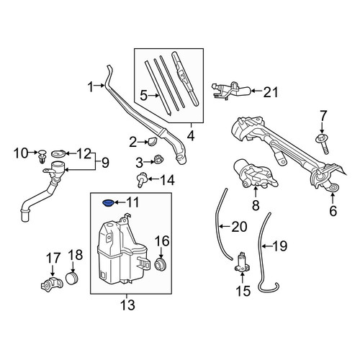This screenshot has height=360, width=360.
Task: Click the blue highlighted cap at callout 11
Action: (x=108, y=203)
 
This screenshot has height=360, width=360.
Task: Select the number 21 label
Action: (x=270, y=92)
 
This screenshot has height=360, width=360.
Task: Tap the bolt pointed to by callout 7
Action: (x=322, y=145)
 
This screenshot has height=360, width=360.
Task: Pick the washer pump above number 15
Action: (x=242, y=263)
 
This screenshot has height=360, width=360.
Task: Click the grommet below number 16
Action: (x=160, y=265)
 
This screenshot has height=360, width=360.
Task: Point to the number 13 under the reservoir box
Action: (x=127, y=305)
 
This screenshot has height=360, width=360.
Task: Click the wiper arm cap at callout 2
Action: (x=153, y=141)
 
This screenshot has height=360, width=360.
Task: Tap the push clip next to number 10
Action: (x=42, y=156)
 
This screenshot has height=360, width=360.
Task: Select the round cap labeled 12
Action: (x=58, y=153)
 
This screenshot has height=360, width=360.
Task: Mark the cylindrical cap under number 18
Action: (x=72, y=279)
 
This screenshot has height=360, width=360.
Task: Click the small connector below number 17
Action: (x=52, y=284)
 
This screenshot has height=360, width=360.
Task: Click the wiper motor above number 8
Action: (x=255, y=175)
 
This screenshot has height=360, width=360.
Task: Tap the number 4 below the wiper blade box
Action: (x=191, y=136)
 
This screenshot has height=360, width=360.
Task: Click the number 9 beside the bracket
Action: (x=105, y=163)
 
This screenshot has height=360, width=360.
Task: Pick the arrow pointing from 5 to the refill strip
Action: (x=153, y=96)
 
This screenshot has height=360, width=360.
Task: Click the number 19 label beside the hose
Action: (x=280, y=246)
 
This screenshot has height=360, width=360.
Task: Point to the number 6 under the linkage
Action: (x=333, y=211)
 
